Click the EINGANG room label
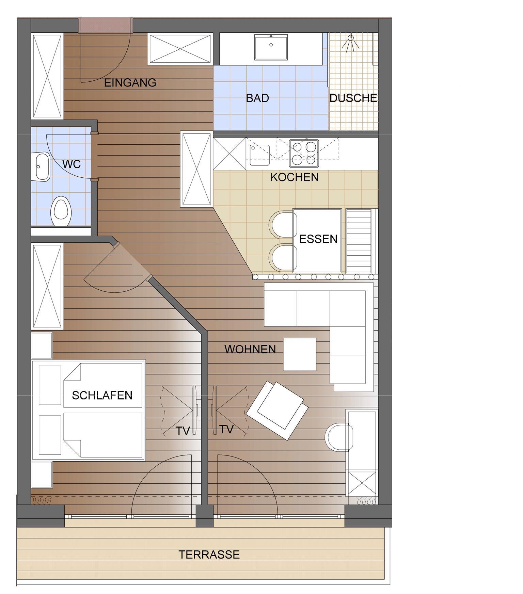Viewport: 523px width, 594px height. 130,83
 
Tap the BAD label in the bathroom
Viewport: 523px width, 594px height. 257,98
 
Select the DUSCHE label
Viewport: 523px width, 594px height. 353,98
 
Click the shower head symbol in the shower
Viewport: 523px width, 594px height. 351,43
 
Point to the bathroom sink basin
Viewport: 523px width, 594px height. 271,47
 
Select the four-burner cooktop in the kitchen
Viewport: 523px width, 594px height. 304,153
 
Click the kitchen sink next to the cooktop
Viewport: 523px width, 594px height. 259,155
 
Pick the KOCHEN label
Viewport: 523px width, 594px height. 295,177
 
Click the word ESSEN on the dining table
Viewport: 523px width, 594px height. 318,239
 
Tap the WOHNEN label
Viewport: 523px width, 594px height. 250,349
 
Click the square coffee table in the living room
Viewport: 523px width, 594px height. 300,354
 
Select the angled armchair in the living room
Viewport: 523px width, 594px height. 278,410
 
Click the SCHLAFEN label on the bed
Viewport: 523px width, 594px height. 102,395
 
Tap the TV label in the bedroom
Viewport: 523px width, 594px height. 183,431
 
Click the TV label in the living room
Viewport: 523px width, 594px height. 226,429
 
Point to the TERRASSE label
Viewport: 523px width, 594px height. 209,555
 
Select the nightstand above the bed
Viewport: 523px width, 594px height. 42,346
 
